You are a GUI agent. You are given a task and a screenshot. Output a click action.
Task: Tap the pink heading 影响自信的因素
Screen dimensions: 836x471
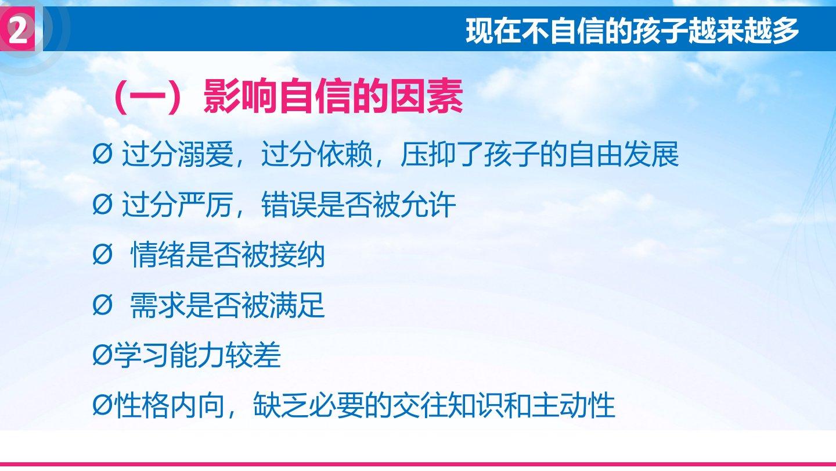(x=333, y=97)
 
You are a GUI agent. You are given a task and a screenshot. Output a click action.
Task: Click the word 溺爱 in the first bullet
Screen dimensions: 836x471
(x=206, y=154)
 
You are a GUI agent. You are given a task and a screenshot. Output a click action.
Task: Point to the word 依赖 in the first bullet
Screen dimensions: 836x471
(x=344, y=154)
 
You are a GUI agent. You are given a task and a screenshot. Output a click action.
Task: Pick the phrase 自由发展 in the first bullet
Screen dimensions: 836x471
(x=623, y=154)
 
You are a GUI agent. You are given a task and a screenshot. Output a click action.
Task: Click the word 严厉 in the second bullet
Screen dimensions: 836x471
(x=206, y=205)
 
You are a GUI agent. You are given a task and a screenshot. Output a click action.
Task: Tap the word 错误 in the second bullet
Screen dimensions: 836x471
(x=289, y=205)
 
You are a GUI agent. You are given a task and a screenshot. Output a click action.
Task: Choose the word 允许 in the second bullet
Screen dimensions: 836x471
(x=428, y=205)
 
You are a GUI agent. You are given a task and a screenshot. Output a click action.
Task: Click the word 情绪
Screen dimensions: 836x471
(x=158, y=255)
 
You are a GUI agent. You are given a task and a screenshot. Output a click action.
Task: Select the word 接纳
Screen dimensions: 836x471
(x=297, y=255)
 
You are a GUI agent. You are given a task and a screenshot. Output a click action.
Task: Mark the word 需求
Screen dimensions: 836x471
(x=158, y=305)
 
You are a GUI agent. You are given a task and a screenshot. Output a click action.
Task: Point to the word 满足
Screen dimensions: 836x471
(x=297, y=305)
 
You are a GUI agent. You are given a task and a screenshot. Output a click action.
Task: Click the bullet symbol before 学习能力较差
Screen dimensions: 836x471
(x=102, y=355)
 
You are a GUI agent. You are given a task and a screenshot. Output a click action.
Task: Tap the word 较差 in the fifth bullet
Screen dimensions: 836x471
(x=253, y=355)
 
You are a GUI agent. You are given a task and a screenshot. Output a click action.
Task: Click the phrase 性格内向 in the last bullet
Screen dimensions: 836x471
(x=170, y=406)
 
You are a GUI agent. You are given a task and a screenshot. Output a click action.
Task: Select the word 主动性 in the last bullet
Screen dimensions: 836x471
(x=573, y=406)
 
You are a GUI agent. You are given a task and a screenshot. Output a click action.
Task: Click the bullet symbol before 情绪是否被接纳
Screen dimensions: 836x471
(x=102, y=255)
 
